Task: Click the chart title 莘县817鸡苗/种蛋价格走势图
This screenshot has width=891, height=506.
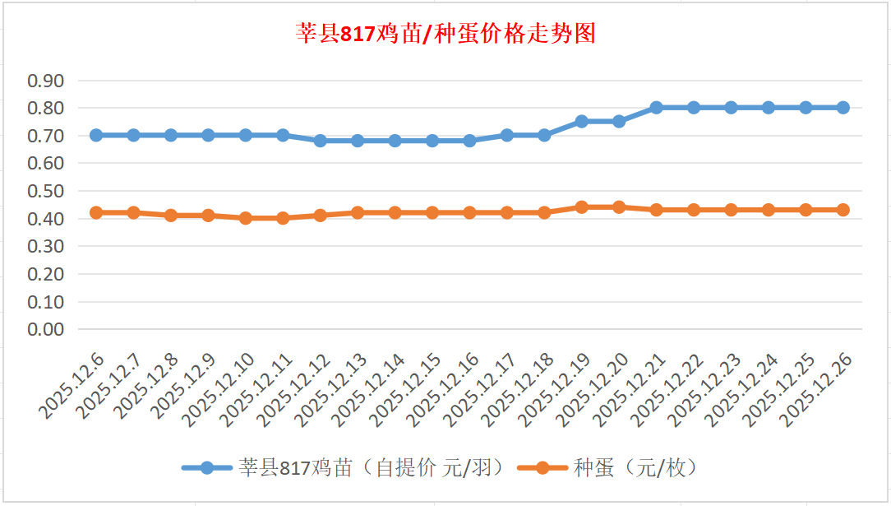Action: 445,34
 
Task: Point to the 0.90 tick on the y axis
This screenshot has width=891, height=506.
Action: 46,81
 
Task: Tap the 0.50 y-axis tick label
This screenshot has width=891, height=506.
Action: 46,191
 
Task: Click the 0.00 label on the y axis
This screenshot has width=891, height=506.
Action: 46,329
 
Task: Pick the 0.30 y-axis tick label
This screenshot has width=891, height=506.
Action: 46,246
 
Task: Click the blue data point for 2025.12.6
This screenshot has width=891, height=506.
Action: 96,135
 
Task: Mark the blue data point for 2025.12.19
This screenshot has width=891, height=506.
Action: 582,121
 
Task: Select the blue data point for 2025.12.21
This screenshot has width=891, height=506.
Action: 657,108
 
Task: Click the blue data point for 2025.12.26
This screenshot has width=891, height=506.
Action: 843,108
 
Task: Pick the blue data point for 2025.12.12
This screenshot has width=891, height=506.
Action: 321,141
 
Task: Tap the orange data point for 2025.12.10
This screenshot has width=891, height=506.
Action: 246,218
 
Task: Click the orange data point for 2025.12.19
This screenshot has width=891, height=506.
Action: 582,207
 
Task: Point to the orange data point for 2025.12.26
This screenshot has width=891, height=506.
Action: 843,210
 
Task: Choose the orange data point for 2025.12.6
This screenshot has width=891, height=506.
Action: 96,212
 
